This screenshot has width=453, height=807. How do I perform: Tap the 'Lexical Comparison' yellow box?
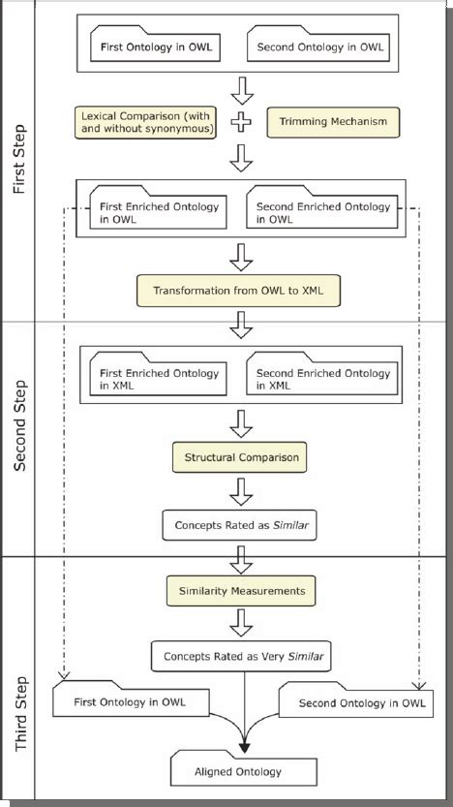point(145,122)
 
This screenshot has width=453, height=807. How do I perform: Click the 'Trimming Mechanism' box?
point(318,122)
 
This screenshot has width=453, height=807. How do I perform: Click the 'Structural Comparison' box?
point(240,456)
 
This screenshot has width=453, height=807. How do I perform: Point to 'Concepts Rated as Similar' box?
point(240,527)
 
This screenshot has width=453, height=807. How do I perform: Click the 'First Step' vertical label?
point(19,160)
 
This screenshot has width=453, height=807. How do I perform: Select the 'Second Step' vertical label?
point(19,436)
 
